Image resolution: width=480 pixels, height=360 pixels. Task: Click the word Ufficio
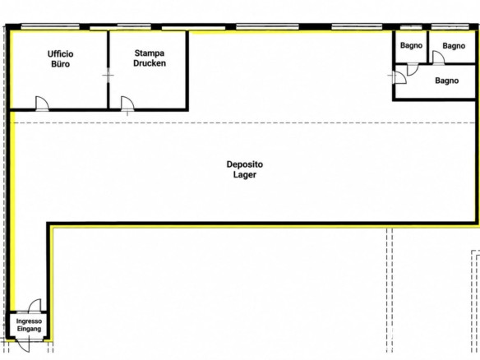click(x=60, y=54)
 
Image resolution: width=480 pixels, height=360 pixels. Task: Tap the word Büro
click(x=60, y=64)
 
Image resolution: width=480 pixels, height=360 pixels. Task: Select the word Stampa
click(x=150, y=53)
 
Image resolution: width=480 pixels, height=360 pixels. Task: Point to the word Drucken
click(x=150, y=63)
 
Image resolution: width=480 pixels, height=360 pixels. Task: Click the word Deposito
click(x=245, y=164)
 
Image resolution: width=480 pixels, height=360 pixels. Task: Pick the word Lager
click(x=245, y=175)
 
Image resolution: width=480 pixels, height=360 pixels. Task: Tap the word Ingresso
click(x=29, y=321)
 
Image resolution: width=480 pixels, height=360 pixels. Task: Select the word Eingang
click(x=29, y=329)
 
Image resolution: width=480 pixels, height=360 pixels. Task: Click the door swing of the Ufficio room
click(x=42, y=104)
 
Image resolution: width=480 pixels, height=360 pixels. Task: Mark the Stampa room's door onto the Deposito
click(x=127, y=104)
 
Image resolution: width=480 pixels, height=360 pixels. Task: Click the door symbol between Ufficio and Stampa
click(x=108, y=76)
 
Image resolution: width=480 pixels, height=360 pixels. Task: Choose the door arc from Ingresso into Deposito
click(x=35, y=306)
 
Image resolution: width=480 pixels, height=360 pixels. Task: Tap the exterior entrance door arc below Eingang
click(x=23, y=345)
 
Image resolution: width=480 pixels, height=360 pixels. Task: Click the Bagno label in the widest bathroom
click(x=446, y=81)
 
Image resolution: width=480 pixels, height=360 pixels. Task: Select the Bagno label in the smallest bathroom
click(x=411, y=45)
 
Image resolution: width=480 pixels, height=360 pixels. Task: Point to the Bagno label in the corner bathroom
click(x=454, y=46)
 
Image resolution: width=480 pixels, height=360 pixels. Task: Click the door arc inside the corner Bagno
click(x=438, y=58)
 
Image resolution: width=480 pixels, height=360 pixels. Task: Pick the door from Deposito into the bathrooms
click(x=400, y=77)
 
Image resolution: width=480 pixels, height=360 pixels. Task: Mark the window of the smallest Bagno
click(x=411, y=28)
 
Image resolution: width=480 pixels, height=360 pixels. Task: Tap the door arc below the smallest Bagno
click(x=413, y=70)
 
